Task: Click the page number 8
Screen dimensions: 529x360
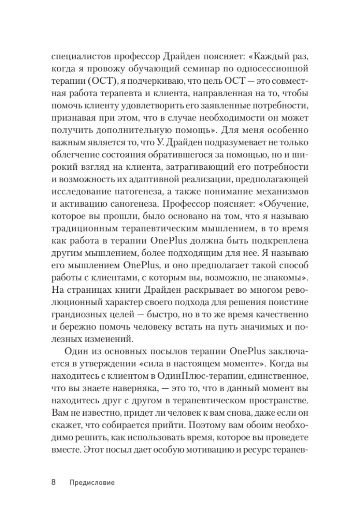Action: tap(53, 482)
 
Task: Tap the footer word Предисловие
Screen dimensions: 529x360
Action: tap(92, 483)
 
